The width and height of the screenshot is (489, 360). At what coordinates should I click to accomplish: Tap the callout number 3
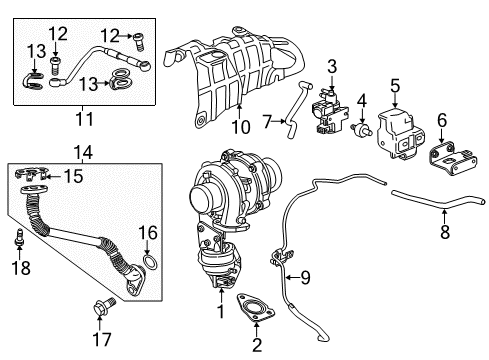(x=330, y=66)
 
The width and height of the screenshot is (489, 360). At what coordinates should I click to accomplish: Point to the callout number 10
(x=241, y=127)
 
